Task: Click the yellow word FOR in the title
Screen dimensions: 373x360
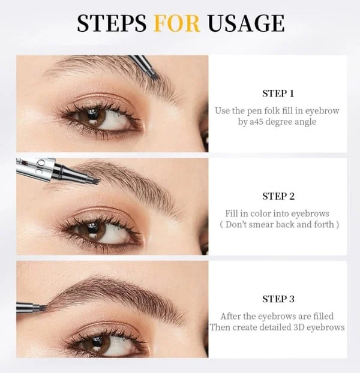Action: coord(177,23)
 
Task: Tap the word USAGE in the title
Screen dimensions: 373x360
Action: coord(245,23)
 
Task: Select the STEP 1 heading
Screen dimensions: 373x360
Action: coord(278,94)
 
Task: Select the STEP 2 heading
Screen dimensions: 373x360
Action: coord(278,196)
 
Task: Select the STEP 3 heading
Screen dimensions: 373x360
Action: coord(278,299)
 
